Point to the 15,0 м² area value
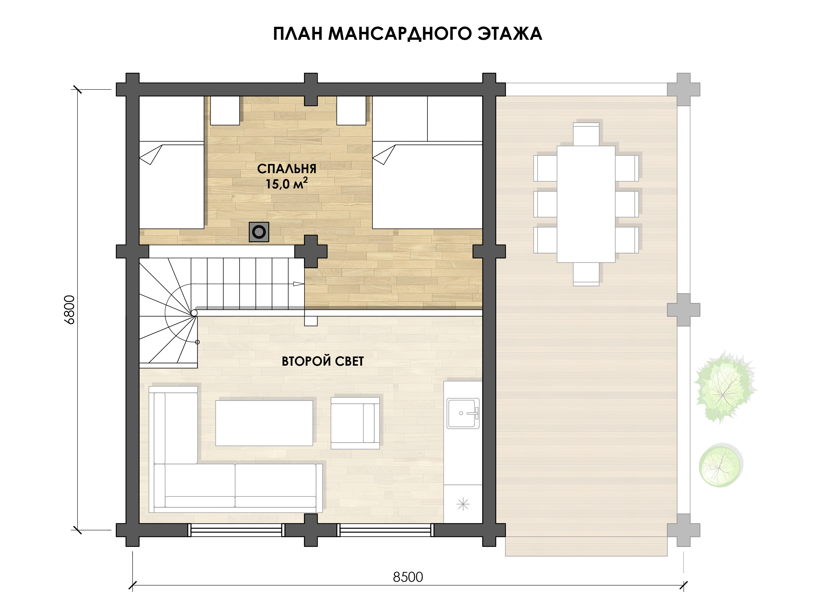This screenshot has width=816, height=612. [x=287, y=183]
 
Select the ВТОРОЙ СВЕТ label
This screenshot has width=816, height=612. [x=323, y=361]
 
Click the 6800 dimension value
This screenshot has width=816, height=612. [x=69, y=310]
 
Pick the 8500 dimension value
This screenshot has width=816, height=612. [x=408, y=577]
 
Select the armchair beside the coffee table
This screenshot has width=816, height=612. [x=355, y=423]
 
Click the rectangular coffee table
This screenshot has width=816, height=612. [x=264, y=423]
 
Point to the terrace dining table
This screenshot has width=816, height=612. [x=586, y=204]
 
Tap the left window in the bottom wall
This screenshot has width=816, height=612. [x=236, y=530]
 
